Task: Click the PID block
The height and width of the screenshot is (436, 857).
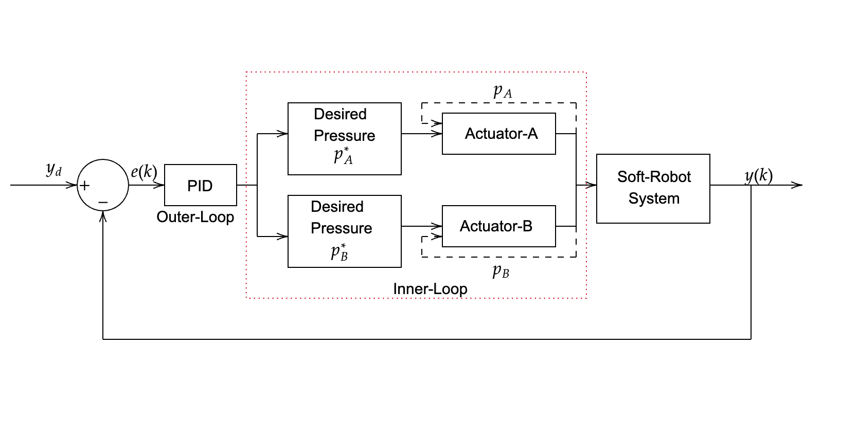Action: (x=200, y=185)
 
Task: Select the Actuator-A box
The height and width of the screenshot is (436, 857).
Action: (x=498, y=134)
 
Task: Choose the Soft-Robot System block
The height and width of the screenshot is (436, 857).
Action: (x=653, y=188)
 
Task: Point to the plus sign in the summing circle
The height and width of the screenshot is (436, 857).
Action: (x=85, y=186)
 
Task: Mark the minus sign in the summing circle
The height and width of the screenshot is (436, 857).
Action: (x=103, y=203)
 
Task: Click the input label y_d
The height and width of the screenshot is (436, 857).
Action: (x=53, y=169)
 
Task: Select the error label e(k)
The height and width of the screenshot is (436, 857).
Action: (x=144, y=171)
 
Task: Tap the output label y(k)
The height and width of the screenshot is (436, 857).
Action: (x=758, y=176)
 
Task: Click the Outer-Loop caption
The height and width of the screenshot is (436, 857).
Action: (x=195, y=217)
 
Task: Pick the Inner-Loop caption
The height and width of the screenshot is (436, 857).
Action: (x=430, y=289)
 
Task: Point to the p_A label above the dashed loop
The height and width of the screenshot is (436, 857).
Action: (x=502, y=92)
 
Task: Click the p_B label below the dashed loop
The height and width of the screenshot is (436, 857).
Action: (x=500, y=271)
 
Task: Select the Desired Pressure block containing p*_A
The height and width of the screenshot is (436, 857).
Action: (x=344, y=139)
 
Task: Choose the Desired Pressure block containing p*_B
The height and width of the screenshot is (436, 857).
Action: (x=344, y=231)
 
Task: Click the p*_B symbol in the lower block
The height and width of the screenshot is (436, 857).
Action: (x=340, y=252)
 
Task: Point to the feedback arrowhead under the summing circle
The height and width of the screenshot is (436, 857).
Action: (x=103, y=216)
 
